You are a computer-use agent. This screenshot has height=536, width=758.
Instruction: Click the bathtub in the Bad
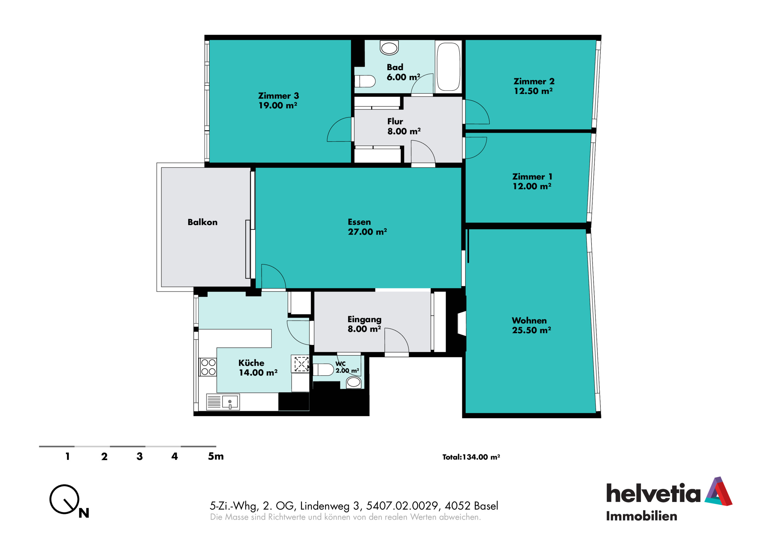[x=448, y=66]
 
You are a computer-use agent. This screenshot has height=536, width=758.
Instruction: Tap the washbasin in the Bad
[x=389, y=48]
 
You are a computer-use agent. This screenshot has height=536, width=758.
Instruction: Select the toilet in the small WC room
[x=323, y=370]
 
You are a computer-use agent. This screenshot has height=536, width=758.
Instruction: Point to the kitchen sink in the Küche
[x=223, y=402]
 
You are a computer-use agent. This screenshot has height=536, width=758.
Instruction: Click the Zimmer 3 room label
[x=278, y=96]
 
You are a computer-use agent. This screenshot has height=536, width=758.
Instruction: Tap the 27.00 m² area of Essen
[x=367, y=232]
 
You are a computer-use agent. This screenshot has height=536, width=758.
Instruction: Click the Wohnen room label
[x=529, y=321]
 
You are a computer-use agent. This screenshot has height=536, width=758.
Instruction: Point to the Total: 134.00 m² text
[x=471, y=457]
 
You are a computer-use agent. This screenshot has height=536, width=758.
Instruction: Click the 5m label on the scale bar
[x=216, y=456]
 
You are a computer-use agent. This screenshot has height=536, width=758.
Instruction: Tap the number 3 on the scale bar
[x=140, y=456]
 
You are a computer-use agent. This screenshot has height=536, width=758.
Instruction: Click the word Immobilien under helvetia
[x=641, y=516]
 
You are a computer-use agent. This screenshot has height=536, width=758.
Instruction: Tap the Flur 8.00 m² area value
[x=404, y=131]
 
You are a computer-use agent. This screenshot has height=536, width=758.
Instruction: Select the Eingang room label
[x=364, y=319]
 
